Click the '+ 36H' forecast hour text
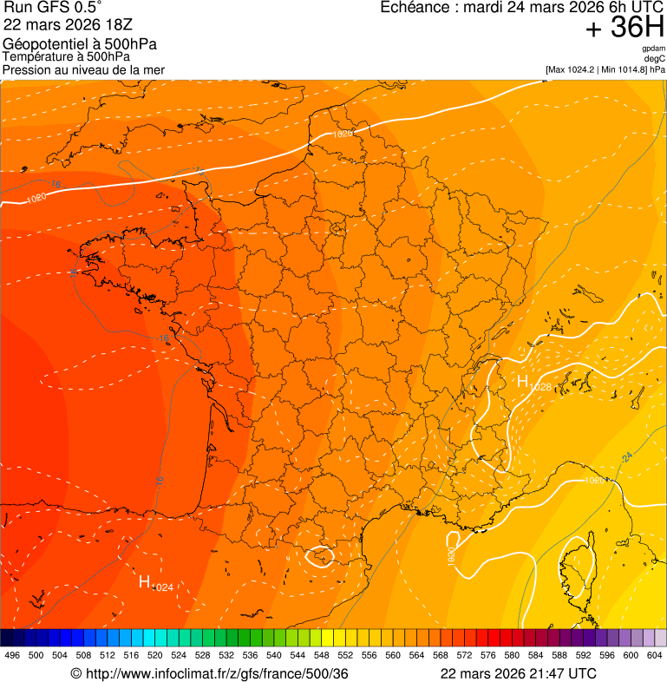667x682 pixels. (625, 29)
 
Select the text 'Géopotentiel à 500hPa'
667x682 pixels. (80, 44)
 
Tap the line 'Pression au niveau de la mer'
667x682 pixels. (83, 69)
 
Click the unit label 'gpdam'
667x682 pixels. (654, 49)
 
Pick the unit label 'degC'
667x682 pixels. (656, 58)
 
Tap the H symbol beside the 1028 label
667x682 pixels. (522, 381)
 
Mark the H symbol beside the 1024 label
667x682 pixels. (145, 581)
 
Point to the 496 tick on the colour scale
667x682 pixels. (12, 655)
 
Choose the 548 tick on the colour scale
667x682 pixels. (321, 655)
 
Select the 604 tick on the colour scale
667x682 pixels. (654, 655)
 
